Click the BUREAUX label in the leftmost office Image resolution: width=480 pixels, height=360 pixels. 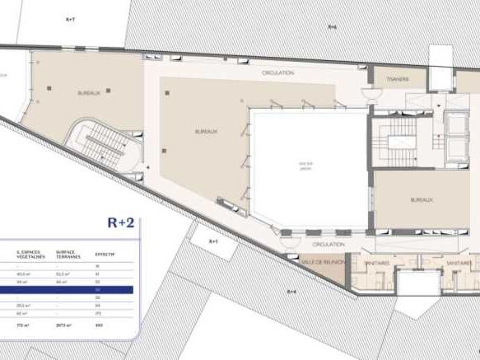[x=88, y=93]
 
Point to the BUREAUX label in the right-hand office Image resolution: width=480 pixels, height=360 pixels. [x=422, y=199]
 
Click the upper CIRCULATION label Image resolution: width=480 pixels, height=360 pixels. [x=277, y=74]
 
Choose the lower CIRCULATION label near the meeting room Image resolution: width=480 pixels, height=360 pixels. [x=329, y=245]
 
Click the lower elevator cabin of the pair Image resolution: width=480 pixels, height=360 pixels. [x=454, y=147]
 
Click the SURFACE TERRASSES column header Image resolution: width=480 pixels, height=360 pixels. [x=68, y=254]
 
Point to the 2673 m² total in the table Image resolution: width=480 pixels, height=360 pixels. [x=61, y=326]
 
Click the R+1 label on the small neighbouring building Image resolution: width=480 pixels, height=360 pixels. [x=212, y=241]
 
